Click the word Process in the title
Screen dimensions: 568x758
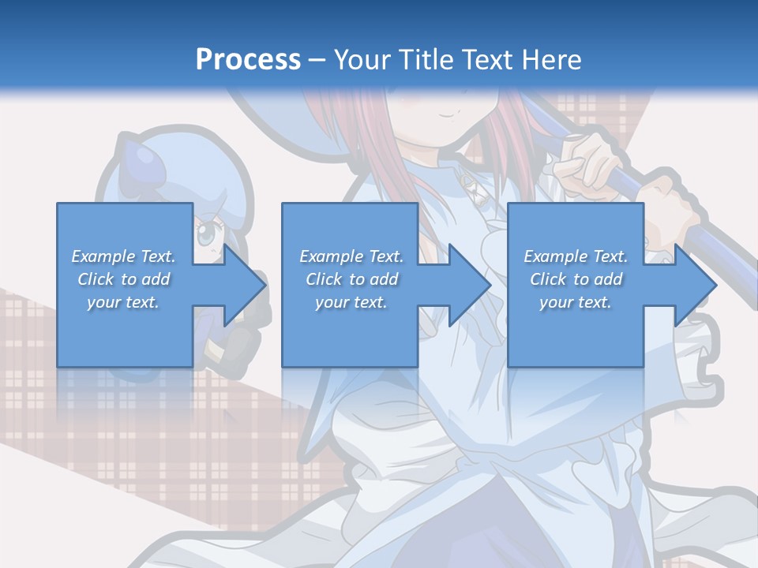coord(248,59)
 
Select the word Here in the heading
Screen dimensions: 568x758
coord(551,59)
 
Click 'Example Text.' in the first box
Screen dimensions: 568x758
coord(123,256)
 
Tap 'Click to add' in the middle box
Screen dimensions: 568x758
coord(351,279)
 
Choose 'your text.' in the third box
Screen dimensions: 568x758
coord(576,302)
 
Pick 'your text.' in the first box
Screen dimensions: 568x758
coord(123,302)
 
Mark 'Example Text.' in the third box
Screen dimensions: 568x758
coord(576,256)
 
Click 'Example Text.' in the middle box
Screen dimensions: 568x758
coord(351,256)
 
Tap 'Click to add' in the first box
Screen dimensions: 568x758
coord(123,279)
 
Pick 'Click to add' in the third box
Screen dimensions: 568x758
coord(576,279)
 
